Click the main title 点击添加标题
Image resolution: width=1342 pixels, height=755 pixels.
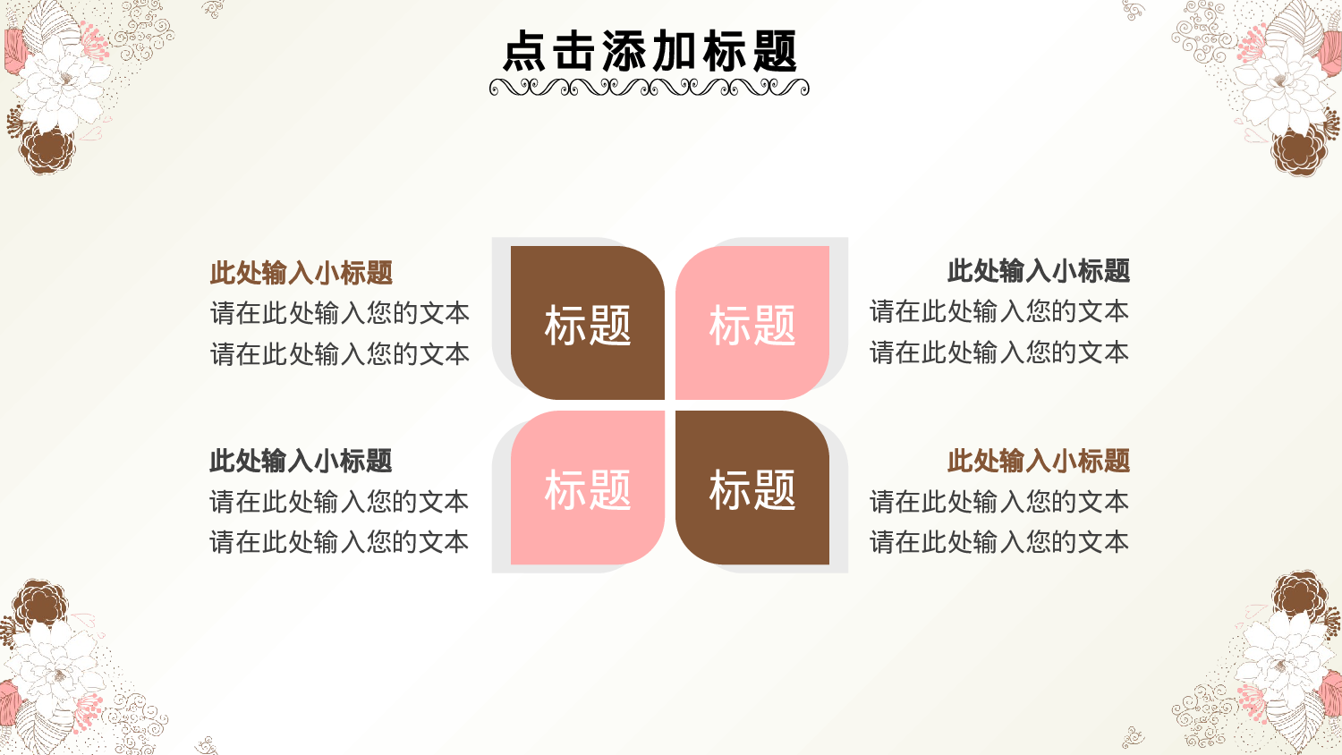click(x=650, y=51)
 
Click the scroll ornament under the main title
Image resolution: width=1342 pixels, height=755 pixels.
click(x=650, y=87)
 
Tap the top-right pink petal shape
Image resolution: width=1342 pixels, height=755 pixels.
click(x=752, y=323)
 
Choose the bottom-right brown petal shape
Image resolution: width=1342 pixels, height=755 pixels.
click(x=752, y=488)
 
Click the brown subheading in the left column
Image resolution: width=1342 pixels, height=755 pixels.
click(x=302, y=273)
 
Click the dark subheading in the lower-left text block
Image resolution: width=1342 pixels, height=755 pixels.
click(x=302, y=461)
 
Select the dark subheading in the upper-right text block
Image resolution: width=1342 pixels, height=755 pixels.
click(x=1038, y=270)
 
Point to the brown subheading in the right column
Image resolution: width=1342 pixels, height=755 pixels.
click(x=1038, y=461)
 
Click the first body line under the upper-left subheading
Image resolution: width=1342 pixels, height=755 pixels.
click(x=340, y=313)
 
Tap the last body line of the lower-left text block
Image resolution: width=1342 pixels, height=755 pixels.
click(x=340, y=542)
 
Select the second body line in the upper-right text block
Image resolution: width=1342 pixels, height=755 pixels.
click(x=999, y=352)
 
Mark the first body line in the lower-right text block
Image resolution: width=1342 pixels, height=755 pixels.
click(x=999, y=502)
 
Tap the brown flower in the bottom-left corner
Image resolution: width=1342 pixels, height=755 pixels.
click(x=40, y=603)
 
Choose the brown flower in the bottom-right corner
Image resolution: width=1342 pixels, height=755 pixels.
click(x=1300, y=595)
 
